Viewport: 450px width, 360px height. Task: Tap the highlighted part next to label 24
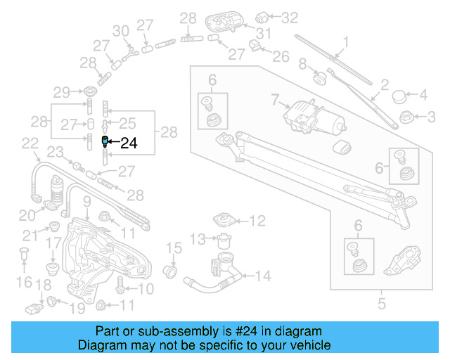[105, 142]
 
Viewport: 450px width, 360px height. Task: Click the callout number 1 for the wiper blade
[345, 41]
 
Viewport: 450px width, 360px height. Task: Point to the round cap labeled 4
[399, 94]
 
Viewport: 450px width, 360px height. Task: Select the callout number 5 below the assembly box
[382, 305]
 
